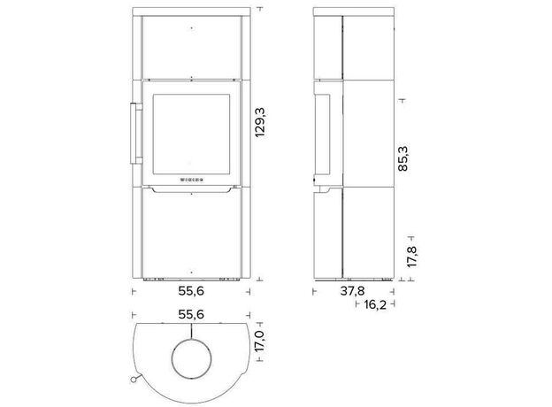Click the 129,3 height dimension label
point(260,122)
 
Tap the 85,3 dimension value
point(402,158)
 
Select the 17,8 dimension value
point(411,257)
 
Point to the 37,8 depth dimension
point(352,291)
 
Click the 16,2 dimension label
point(375,304)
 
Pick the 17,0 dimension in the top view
point(259,341)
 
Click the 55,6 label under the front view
point(191,291)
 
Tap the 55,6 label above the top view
point(191,314)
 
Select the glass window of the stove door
point(191,134)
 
